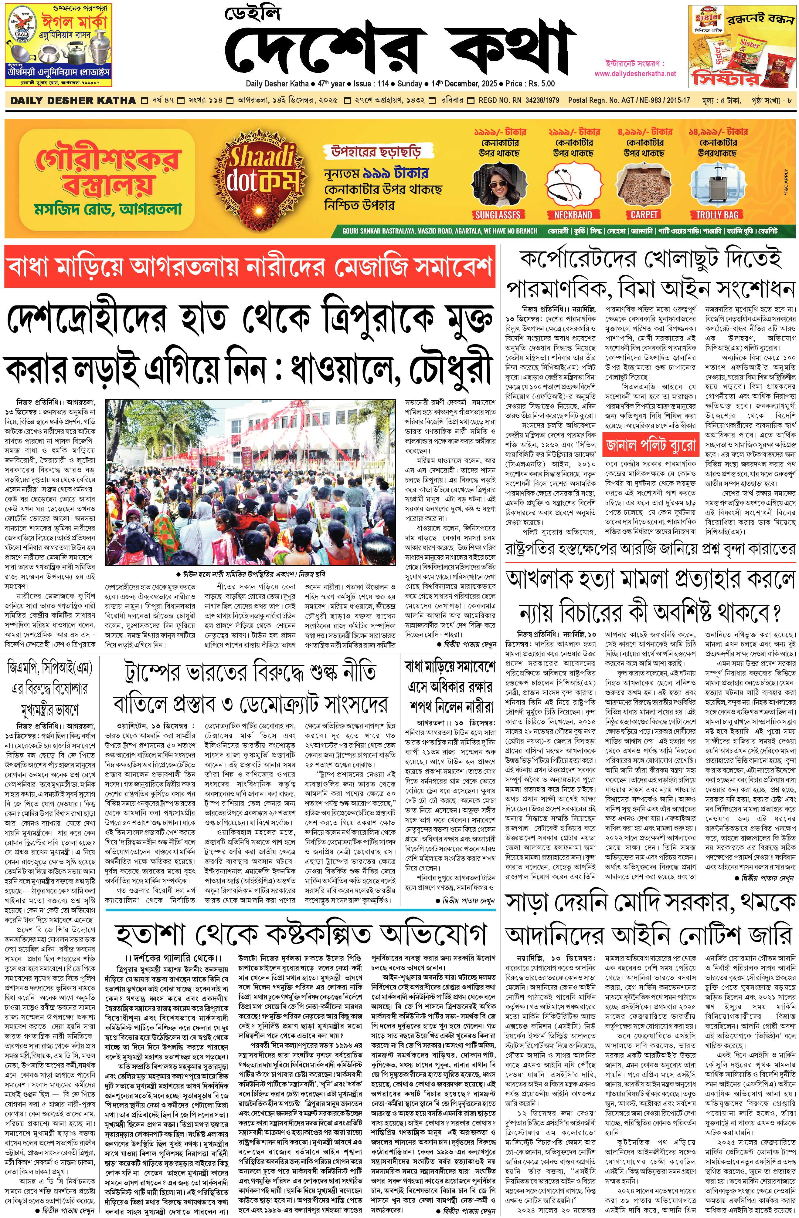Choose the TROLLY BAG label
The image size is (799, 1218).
(x=717, y=215)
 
